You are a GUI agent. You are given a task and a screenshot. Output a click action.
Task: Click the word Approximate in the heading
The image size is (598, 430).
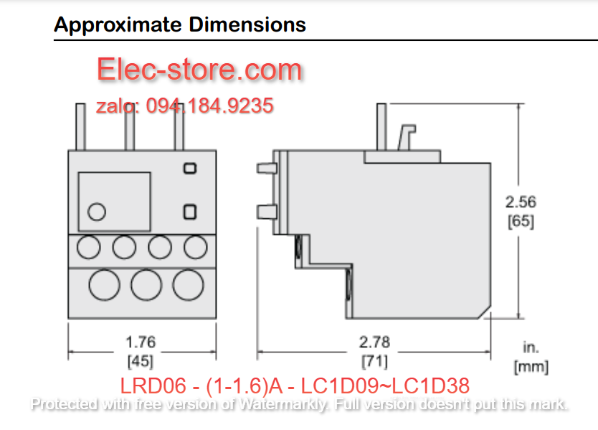[x=118, y=26]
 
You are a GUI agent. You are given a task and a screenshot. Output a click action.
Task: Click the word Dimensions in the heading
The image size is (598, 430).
[x=247, y=24]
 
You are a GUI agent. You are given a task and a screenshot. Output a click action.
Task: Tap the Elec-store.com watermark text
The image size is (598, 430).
[x=199, y=69]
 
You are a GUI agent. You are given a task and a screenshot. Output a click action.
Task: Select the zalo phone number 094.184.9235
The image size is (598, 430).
[x=210, y=106]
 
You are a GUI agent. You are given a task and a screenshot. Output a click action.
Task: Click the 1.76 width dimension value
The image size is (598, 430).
[x=141, y=342]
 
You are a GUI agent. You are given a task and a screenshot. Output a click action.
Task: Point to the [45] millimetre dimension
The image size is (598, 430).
[x=141, y=361]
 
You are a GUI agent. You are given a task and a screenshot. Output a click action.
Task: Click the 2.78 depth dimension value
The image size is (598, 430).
[x=374, y=342]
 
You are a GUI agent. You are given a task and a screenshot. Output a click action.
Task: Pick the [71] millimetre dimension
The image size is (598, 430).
[x=374, y=361]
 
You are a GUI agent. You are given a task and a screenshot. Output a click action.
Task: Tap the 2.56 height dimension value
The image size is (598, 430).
[x=521, y=202]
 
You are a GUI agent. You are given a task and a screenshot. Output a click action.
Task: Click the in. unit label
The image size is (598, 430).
[x=531, y=347]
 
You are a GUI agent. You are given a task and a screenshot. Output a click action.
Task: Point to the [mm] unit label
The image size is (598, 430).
[x=531, y=367]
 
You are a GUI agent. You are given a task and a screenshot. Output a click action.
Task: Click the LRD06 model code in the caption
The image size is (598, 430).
[x=153, y=385]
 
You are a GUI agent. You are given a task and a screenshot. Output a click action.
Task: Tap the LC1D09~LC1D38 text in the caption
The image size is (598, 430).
[x=385, y=385]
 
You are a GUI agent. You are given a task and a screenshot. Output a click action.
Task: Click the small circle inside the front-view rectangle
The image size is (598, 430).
[x=97, y=212]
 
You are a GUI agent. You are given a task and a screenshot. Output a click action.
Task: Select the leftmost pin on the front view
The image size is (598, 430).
[x=80, y=127]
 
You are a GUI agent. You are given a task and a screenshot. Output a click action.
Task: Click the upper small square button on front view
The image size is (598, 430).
[x=190, y=169]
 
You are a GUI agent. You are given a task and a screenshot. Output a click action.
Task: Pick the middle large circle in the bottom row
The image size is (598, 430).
[x=146, y=285]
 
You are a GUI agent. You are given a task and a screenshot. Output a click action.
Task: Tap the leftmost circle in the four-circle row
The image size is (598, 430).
[x=88, y=247]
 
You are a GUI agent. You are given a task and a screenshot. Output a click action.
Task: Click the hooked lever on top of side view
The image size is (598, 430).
[x=407, y=137]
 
